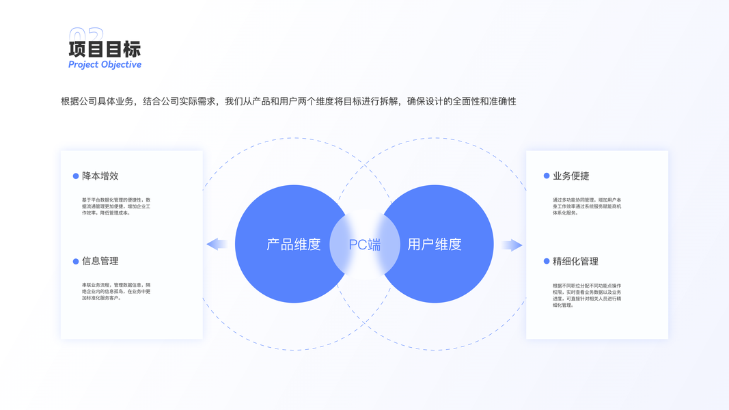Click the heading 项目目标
pos(105,49)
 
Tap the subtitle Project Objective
pos(105,65)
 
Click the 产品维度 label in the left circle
pos(294,244)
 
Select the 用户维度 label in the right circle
pos(435,244)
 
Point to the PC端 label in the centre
pos(365,245)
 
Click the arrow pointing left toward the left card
pos(217,244)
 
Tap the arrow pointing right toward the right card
pos(512,245)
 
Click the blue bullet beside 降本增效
pos(76,176)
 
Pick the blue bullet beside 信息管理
pos(76,262)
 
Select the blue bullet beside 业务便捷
pos(547,176)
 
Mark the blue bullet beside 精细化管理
pos(547,262)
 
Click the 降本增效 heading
pos(100,176)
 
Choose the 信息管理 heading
pos(100,262)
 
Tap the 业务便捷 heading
pos(571,176)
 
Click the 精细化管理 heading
pos(575,262)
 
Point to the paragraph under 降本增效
pos(116,206)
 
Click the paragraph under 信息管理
pos(116,291)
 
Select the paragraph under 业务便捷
pos(587,206)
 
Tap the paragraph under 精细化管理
pos(587,295)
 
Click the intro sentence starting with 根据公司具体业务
pos(288,102)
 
